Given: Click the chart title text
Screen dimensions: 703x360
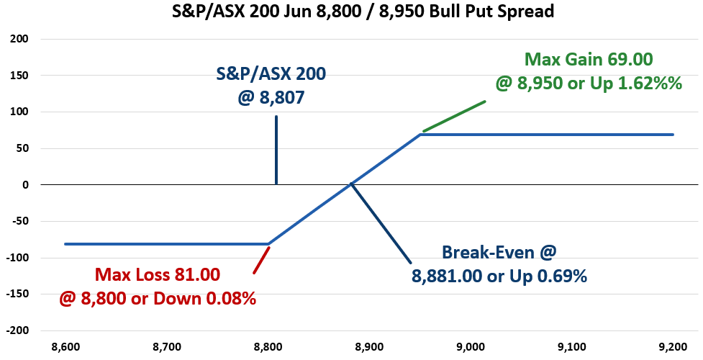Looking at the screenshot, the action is tap(363, 11).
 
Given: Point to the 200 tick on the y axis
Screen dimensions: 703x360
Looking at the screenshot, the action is tap(19, 39).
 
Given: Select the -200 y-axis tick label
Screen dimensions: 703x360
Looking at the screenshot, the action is tap(17, 330).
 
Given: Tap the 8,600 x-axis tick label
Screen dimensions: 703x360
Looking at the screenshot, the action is tap(65, 346).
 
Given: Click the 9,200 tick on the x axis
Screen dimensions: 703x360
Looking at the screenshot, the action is tap(673, 346).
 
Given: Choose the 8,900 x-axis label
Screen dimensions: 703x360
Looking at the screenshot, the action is tap(369, 346).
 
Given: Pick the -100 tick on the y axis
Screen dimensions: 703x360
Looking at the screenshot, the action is tap(17, 258).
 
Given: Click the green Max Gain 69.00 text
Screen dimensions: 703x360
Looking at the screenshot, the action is tap(589, 59).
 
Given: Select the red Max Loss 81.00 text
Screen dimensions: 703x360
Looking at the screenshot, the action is tap(158, 275).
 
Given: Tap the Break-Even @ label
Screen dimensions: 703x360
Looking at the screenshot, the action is tap(499, 252).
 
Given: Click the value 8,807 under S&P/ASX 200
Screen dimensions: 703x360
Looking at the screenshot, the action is tap(281, 97).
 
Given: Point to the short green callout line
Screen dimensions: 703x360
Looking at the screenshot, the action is tap(454, 116).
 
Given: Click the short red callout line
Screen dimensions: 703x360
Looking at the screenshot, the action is tap(261, 260).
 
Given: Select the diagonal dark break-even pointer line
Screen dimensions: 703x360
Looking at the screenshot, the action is tap(381, 222).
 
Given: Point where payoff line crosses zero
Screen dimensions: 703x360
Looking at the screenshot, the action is tap(350, 184).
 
